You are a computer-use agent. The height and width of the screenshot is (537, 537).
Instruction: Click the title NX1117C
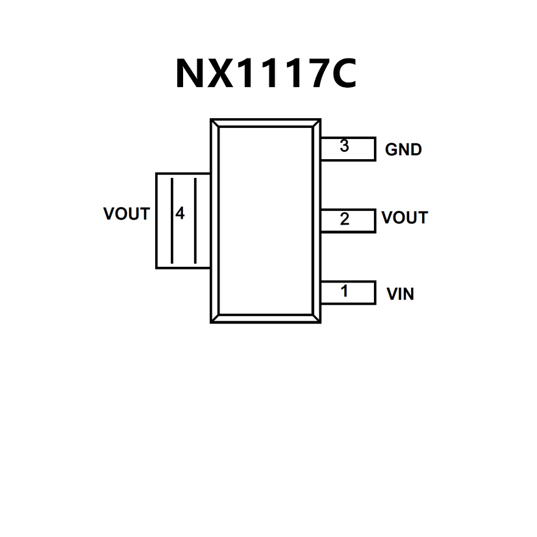pos(266,73)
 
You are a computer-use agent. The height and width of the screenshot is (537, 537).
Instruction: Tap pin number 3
pos(344,147)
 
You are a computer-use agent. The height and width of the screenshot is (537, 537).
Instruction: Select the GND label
pos(403,149)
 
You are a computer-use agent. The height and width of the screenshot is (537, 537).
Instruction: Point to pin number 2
pos(344,219)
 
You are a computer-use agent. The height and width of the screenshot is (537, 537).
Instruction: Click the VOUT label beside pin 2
pos(405,218)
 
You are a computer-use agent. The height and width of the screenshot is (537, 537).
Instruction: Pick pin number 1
pos(344,292)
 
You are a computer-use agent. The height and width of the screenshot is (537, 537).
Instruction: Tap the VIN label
pos(400,294)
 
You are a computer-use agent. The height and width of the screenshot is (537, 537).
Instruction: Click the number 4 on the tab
pos(180,213)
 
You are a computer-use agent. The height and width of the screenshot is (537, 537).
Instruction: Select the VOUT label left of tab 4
pos(127,214)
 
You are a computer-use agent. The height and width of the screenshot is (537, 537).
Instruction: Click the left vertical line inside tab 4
pos(171,220)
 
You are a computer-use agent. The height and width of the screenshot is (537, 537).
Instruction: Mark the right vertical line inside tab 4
pos(195,220)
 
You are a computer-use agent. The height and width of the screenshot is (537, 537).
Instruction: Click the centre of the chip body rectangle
pos(266,220)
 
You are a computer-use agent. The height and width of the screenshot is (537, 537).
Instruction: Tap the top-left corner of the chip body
pos(212,120)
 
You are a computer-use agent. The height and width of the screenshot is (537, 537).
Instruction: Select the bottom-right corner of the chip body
pos(319,321)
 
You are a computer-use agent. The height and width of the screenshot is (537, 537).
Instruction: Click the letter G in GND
pos(392,149)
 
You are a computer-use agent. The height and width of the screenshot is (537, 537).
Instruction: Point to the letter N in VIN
pos(408,294)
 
